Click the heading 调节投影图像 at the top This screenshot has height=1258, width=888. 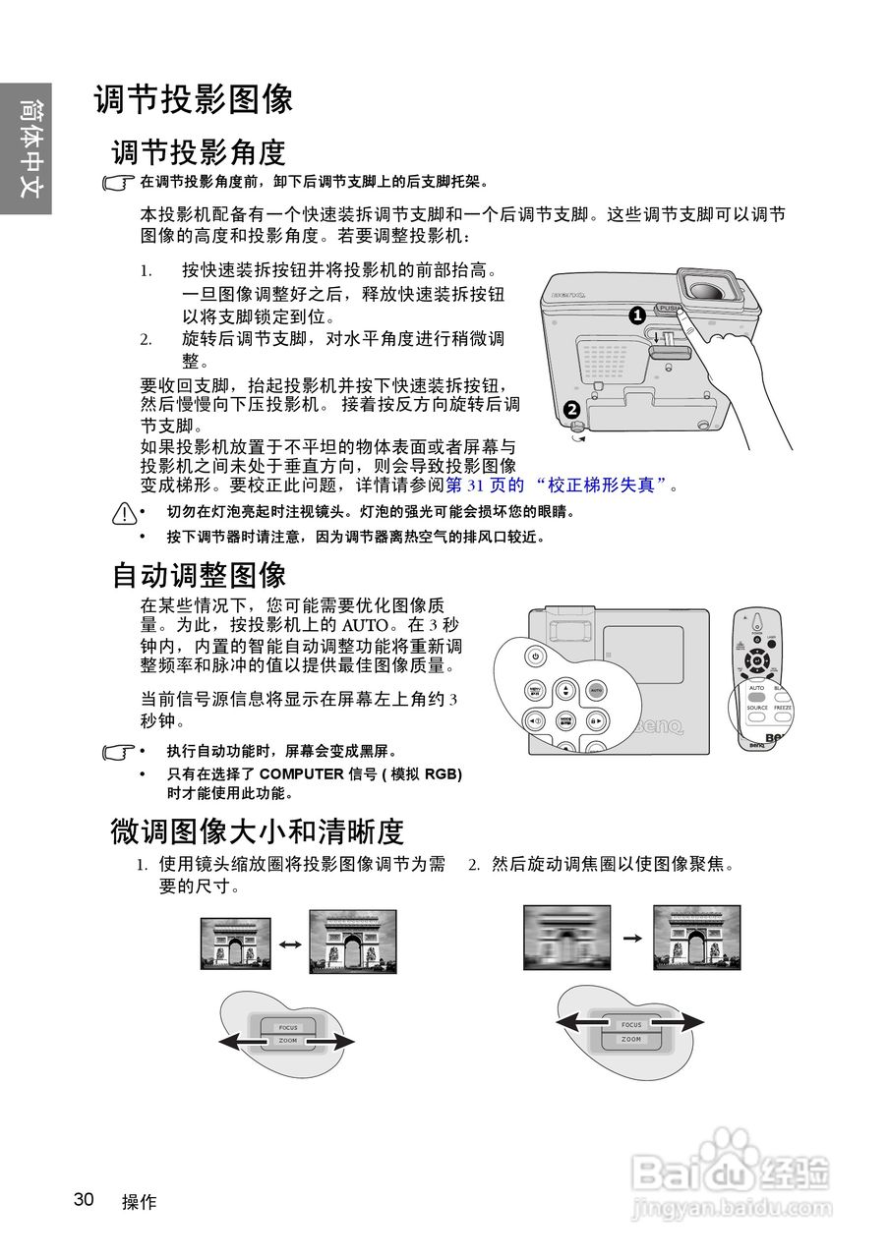click(194, 100)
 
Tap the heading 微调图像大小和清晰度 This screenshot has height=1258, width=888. click(257, 831)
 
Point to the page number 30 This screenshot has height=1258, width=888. click(84, 1199)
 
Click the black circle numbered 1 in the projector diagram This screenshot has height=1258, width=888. click(636, 314)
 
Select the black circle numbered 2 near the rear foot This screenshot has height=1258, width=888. click(571, 410)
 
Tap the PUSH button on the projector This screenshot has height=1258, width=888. click(669, 308)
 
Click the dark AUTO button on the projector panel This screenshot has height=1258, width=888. click(596, 690)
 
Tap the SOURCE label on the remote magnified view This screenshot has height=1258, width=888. click(757, 708)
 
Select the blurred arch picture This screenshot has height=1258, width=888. click(566, 938)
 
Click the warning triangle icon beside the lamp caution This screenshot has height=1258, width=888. click(123, 512)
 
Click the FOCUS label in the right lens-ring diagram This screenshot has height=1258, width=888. click(631, 1025)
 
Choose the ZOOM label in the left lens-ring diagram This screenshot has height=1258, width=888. click(287, 1040)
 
